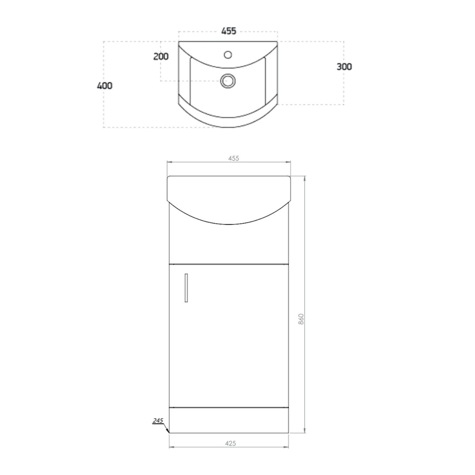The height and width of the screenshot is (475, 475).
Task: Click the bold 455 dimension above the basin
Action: (229, 31)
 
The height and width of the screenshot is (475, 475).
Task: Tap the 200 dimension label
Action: (161, 57)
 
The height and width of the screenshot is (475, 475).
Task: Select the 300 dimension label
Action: (344, 67)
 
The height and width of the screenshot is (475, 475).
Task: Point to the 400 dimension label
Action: (104, 85)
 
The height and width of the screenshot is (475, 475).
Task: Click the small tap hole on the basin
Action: (228, 55)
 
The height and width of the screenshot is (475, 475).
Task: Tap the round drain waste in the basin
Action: (227, 81)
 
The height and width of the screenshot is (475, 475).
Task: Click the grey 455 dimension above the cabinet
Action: (233, 158)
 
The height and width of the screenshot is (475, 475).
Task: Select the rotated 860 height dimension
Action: (301, 319)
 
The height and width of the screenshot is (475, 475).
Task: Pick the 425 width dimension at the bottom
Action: (230, 443)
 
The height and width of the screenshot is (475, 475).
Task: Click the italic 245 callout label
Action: (158, 421)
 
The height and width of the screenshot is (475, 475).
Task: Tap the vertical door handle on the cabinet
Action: (186, 288)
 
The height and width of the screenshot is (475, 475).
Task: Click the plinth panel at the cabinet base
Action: (229, 420)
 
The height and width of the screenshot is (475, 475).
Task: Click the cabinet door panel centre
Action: (229, 336)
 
